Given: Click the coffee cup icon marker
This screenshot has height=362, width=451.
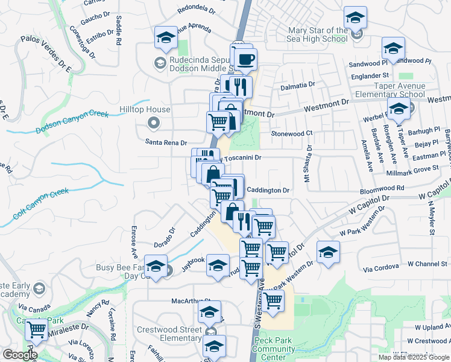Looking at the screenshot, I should coord(245,60).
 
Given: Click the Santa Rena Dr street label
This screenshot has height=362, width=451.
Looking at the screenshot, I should coord(166,142).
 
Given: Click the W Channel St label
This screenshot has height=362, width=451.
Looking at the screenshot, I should coord(427,264).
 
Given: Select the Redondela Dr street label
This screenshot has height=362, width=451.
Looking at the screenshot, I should coord(197,9).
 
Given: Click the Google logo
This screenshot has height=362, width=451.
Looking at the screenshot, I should coord(19,355).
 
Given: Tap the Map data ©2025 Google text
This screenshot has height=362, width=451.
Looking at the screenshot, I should coord(413,357).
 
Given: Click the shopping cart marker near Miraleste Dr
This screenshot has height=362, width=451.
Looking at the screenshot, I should coord(37,329).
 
